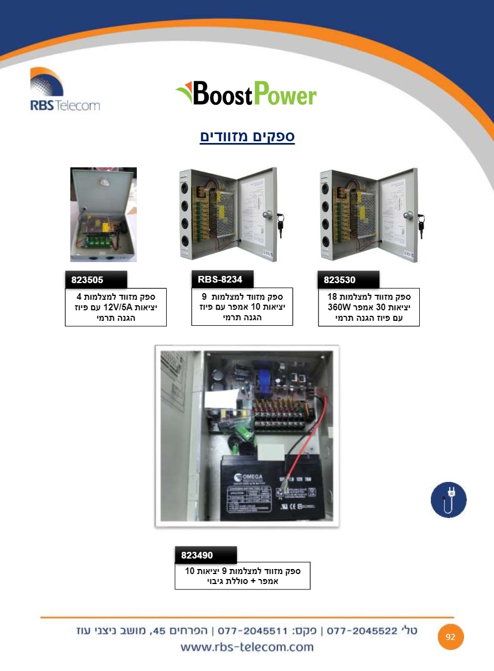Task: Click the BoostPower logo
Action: pyautogui.click(x=246, y=94)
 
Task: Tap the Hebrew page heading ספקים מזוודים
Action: pyautogui.click(x=247, y=136)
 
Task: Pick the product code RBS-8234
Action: pyautogui.click(x=220, y=279)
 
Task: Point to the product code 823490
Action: pyautogui.click(x=197, y=555)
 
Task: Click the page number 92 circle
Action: pyautogui.click(x=450, y=637)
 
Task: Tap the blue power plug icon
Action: pyautogui.click(x=449, y=500)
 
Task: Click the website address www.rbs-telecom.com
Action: pyautogui.click(x=247, y=647)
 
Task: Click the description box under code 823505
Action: pyautogui.click(x=116, y=307)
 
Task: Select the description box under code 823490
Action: pyautogui.click(x=242, y=576)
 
